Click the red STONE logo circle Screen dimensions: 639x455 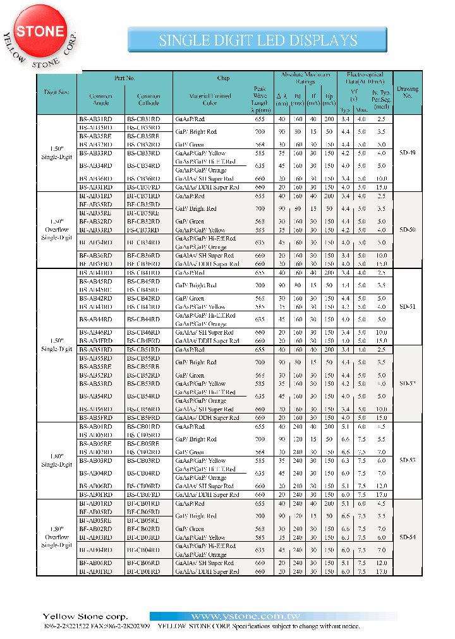pyautogui.click(x=40, y=31)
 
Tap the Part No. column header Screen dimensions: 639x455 pyautogui.click(x=125, y=78)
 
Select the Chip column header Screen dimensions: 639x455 pyautogui.click(x=223, y=78)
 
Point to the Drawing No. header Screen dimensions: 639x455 pyautogui.click(x=407, y=92)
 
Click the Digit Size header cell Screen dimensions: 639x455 pyautogui.click(x=57, y=92)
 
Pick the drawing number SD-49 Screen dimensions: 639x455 pyautogui.click(x=407, y=153)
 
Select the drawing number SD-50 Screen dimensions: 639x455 pyautogui.click(x=407, y=230)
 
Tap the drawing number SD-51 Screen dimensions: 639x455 pyautogui.click(x=407, y=306)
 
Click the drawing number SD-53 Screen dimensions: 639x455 pyautogui.click(x=407, y=460)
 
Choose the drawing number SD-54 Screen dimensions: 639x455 pyautogui.click(x=407, y=537)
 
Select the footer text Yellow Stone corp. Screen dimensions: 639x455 pyautogui.click(x=85, y=616)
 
